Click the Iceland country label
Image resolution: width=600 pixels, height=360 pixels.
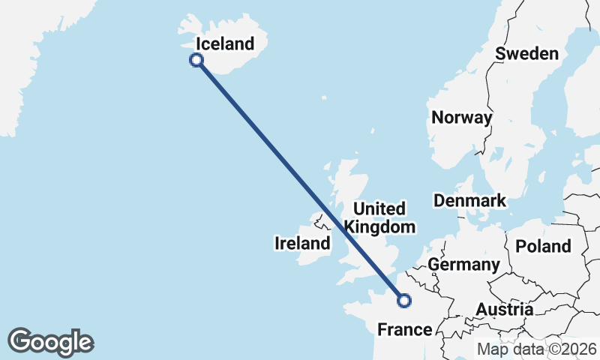pos(224,44)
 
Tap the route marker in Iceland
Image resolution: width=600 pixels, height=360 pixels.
pos(196,60)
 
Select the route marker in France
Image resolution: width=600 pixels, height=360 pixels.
pos(404,301)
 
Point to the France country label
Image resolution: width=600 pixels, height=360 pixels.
pos(404,329)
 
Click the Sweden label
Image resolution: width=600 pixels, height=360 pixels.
pos(526,53)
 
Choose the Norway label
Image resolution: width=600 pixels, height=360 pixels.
pos(461,118)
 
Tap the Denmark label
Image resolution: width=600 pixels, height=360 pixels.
pos(469,201)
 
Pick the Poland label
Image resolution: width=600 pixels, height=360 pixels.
pos(544,246)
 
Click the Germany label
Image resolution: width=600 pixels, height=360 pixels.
pos(463,264)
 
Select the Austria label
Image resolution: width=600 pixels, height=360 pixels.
pos(504,310)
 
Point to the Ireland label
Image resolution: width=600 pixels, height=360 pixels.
pos(302,243)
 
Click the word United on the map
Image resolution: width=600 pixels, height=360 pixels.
pos(379,208)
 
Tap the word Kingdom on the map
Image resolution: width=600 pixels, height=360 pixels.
pos(379,226)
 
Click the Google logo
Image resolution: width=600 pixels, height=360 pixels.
pos(50,342)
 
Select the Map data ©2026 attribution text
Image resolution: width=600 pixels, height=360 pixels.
pos(537,349)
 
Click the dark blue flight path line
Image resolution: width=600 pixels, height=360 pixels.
pos(300,180)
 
